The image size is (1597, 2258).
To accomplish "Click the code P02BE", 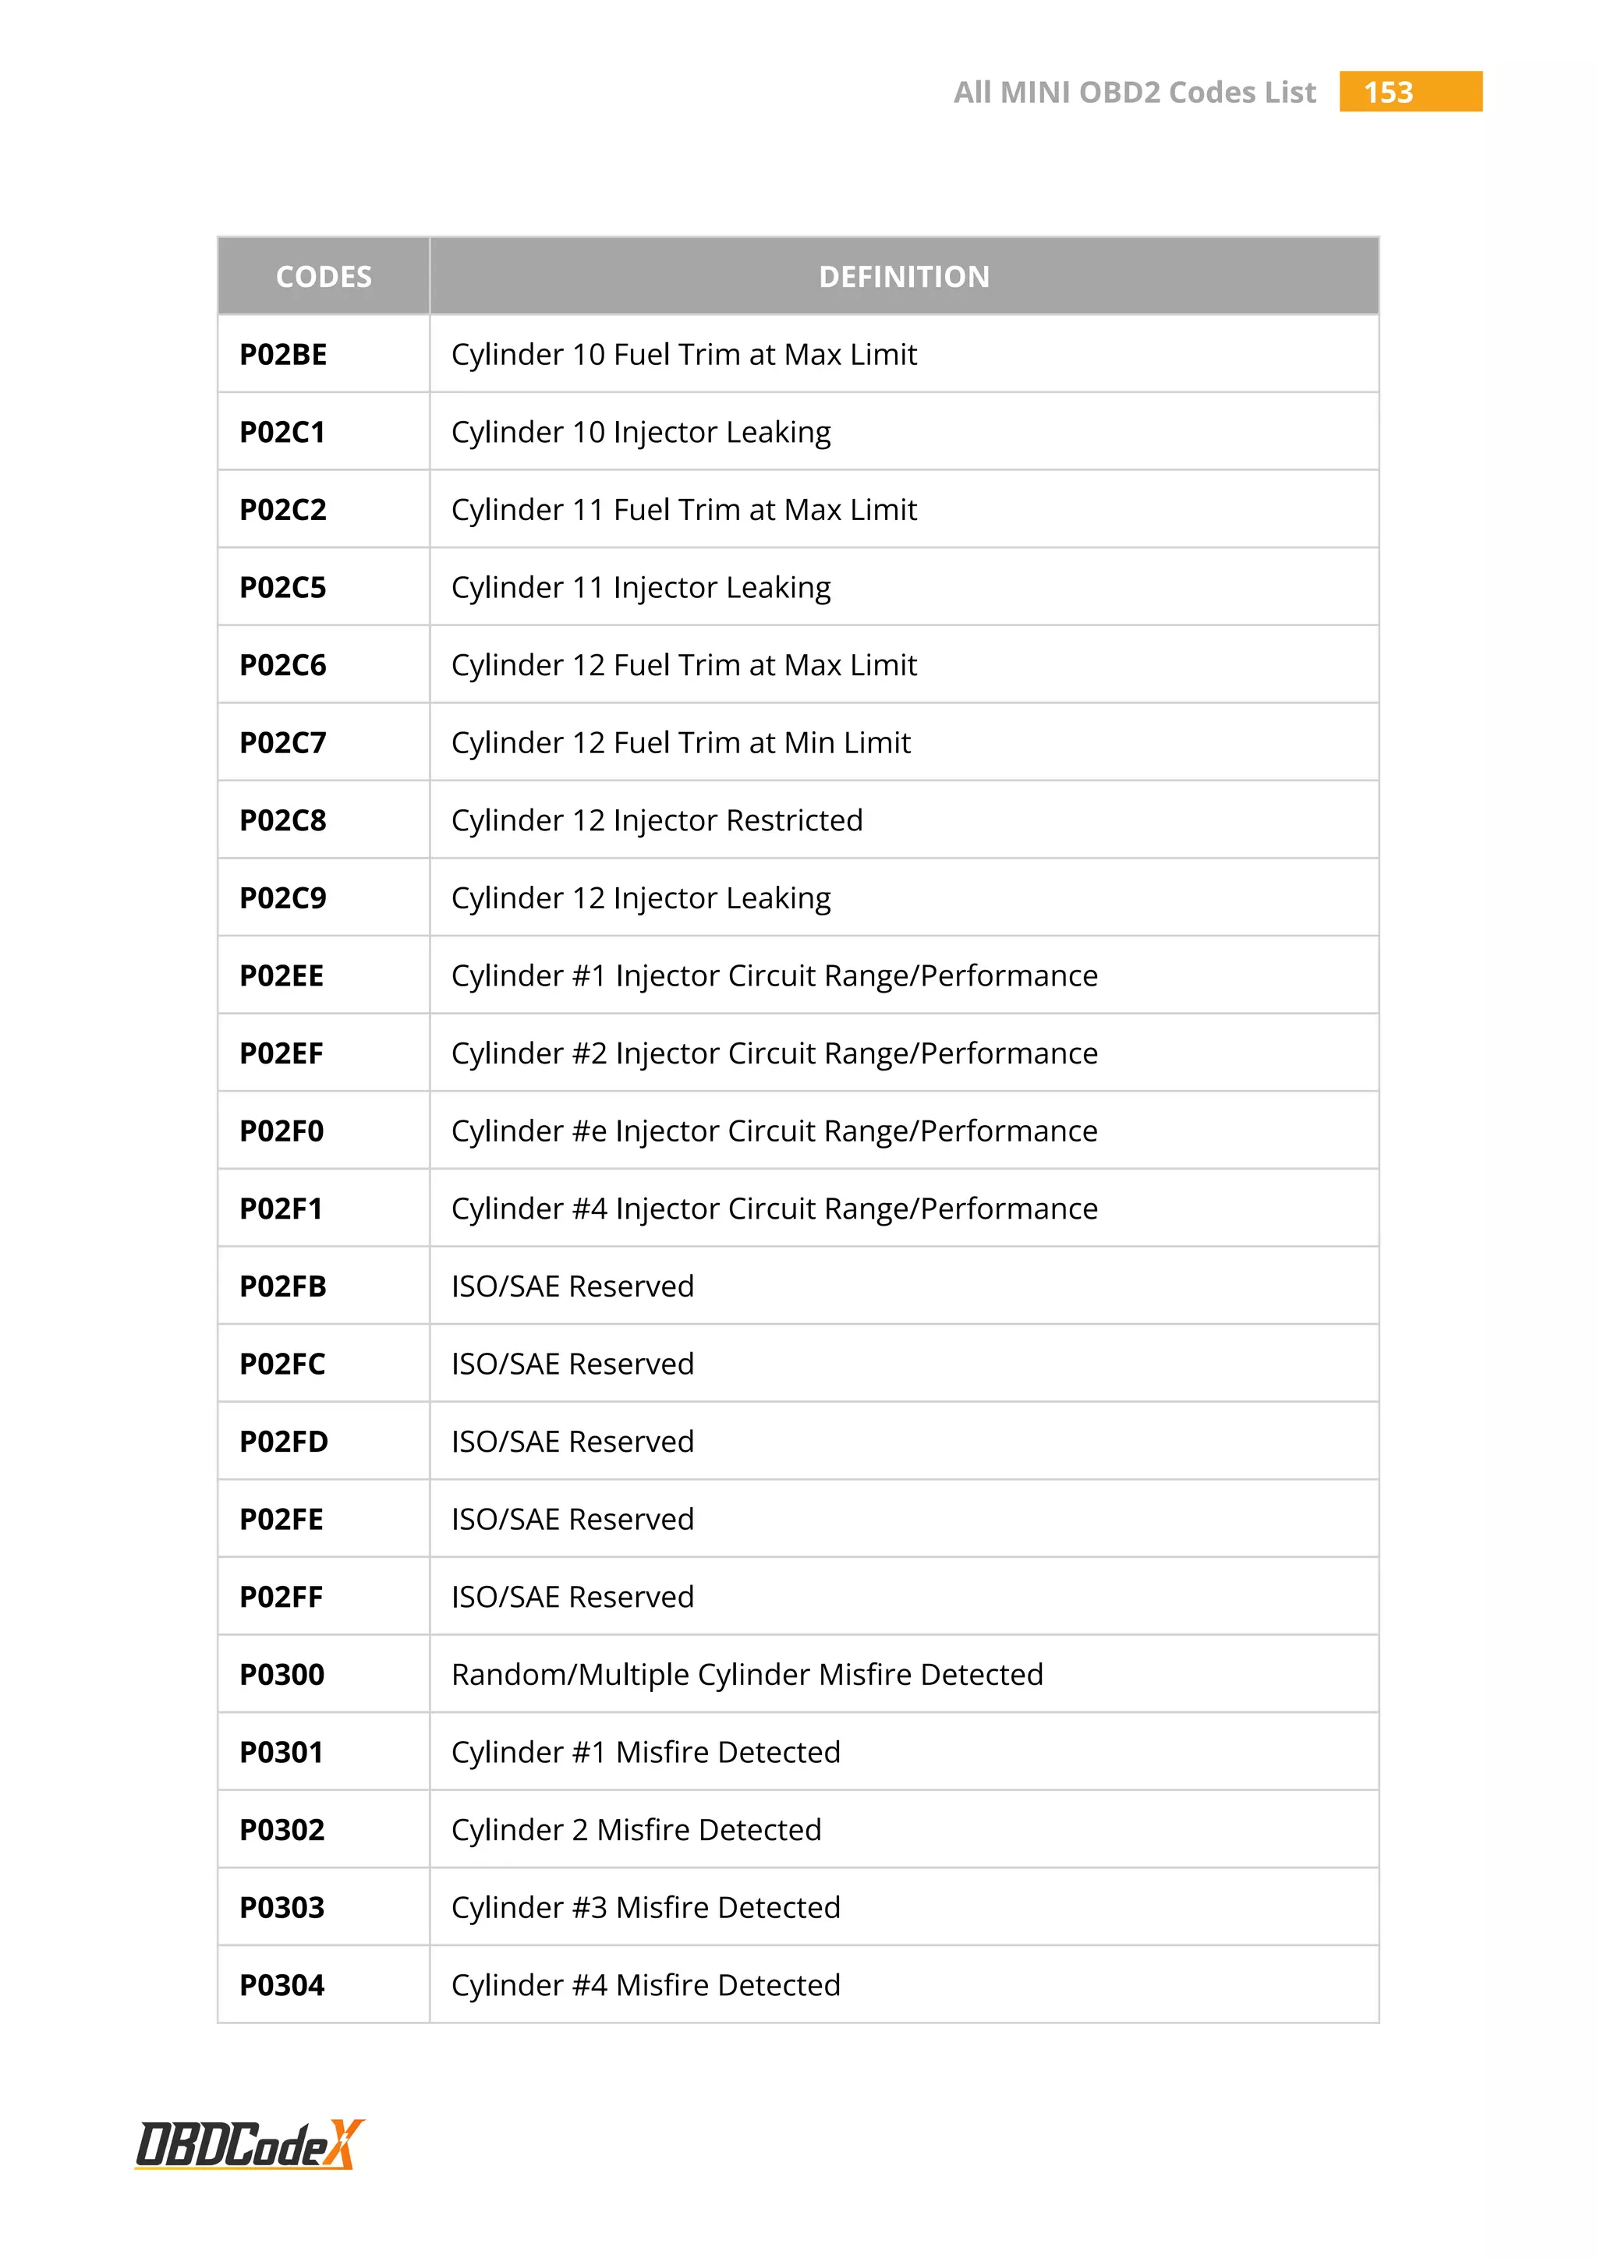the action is (x=283, y=355).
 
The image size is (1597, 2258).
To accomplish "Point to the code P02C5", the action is (x=283, y=588).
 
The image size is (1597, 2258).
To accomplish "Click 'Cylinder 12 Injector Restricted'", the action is (x=657, y=821).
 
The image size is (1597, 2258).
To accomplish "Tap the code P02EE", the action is (x=282, y=976).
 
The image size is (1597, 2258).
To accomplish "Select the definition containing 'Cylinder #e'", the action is (x=774, y=1132).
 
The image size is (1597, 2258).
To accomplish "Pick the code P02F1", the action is (x=282, y=1209).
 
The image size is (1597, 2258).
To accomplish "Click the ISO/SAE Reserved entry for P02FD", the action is (x=572, y=1442).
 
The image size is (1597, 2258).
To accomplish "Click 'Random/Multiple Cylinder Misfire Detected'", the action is (x=747, y=1676).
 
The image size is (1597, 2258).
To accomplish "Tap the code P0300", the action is (x=282, y=1676).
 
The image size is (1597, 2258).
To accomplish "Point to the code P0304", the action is (x=282, y=1987).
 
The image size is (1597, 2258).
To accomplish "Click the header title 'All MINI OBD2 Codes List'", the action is (x=1134, y=93).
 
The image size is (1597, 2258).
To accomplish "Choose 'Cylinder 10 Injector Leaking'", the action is (x=641, y=433).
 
